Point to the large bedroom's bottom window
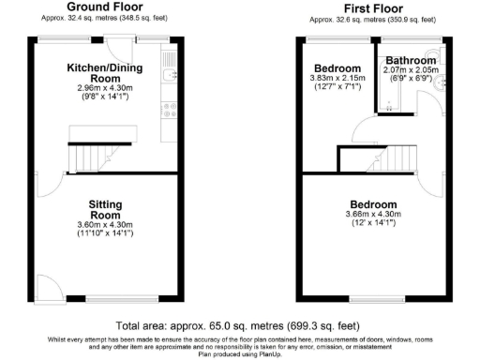coord(373,299)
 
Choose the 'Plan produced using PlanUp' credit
coord(240,354)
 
